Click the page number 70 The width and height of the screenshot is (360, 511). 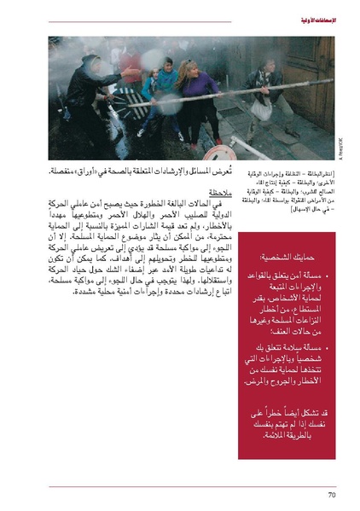tap(333, 494)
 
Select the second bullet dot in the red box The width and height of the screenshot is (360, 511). tap(334, 327)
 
